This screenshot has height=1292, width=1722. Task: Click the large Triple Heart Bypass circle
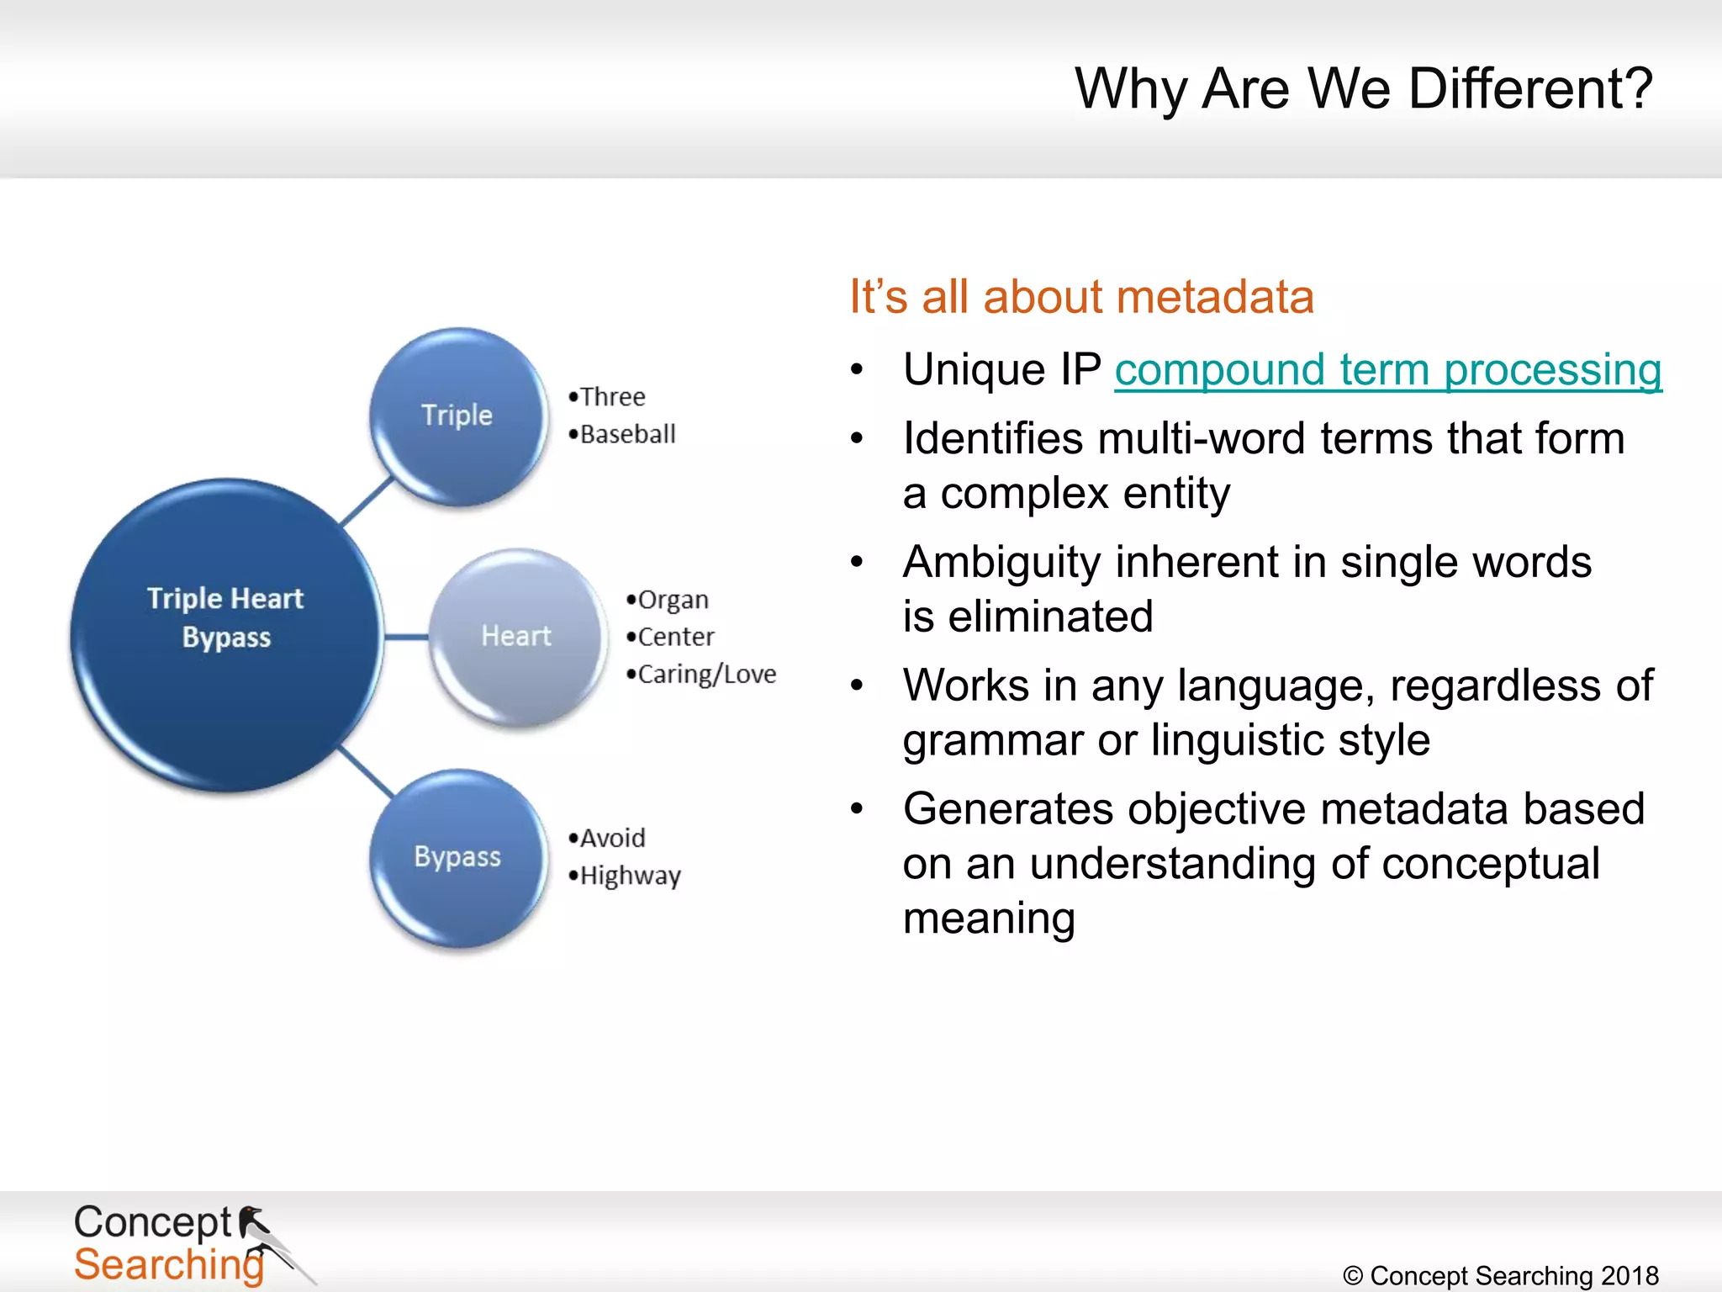[225, 635]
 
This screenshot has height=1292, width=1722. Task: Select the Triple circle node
[458, 416]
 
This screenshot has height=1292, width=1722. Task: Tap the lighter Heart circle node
[517, 637]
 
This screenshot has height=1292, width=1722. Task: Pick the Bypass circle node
[458, 857]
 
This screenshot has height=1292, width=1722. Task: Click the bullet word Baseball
[627, 435]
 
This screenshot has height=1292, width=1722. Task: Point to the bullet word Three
[612, 397]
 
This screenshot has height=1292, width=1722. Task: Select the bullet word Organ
[673, 600]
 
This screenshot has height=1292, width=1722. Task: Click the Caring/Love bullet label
[706, 675]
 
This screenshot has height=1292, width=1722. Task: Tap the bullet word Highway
[630, 876]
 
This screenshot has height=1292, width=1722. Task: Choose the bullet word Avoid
[612, 839]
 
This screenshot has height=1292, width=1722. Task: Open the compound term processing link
[1387, 370]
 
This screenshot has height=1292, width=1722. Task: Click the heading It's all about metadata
[1081, 297]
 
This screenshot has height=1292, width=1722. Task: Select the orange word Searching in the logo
[168, 1264]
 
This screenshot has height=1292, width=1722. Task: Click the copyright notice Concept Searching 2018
[1502, 1275]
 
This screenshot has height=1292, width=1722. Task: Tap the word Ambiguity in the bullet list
[1001, 562]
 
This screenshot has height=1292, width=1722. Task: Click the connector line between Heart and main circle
[407, 637]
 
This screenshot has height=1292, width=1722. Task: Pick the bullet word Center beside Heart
[675, 637]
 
